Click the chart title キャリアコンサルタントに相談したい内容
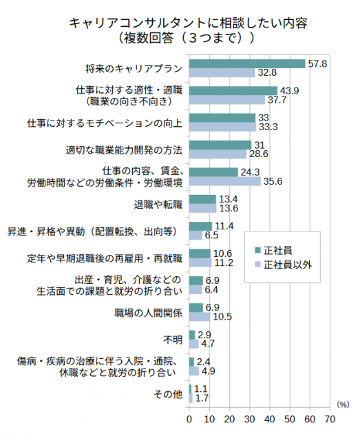point(188,23)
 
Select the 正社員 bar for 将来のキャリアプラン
point(246,63)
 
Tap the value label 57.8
point(317,63)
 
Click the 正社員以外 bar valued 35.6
point(224,181)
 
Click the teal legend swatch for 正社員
point(257,249)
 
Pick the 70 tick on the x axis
point(329,418)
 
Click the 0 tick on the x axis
point(189,418)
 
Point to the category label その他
point(169,394)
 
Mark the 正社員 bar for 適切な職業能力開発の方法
point(220,145)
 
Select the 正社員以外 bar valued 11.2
point(200,262)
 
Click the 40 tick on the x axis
point(269,418)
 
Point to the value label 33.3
point(268,127)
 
